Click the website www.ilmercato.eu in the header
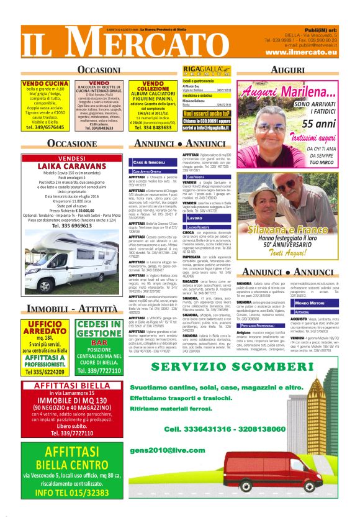[x=305, y=53]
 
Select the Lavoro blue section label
[x=194, y=218]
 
